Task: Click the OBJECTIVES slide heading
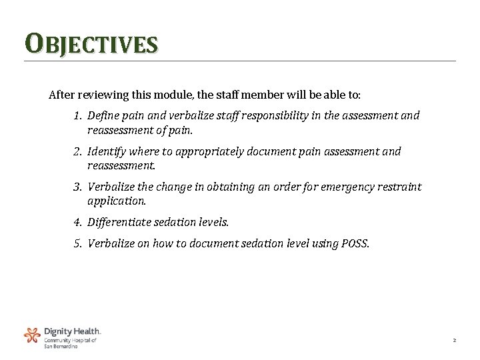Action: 91,45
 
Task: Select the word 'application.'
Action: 116,200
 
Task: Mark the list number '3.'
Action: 78,187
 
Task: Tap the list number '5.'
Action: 78,243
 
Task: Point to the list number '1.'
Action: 78,115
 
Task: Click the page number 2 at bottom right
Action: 454,341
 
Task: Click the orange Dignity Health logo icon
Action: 32,335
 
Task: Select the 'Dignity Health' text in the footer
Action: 72,331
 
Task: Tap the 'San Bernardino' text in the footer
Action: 61,346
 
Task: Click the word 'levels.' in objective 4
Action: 212,221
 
